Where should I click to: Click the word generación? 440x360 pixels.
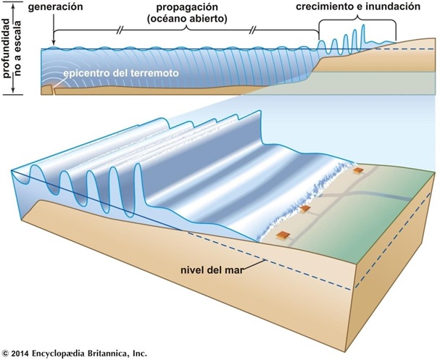(x=56, y=7)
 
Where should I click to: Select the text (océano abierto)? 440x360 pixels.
(x=187, y=19)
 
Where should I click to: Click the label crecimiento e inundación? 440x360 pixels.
(x=358, y=7)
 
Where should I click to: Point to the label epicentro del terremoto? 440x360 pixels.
(x=121, y=73)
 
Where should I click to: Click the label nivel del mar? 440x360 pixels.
(x=212, y=270)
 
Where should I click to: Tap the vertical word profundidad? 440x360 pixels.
(x=8, y=48)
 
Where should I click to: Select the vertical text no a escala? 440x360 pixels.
(x=18, y=49)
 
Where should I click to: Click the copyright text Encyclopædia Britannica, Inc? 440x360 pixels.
(x=89, y=353)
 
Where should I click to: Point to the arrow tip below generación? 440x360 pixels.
(x=54, y=44)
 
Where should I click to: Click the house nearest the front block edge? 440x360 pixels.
(x=282, y=235)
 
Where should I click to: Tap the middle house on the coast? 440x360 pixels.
(x=305, y=209)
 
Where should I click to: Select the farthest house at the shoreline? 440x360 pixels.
(x=358, y=170)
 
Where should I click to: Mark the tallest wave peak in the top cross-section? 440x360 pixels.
(x=364, y=25)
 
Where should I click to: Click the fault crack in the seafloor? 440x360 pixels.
(x=53, y=90)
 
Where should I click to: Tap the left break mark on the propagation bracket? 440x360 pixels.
(x=120, y=30)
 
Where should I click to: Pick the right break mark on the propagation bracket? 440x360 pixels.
(x=252, y=30)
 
